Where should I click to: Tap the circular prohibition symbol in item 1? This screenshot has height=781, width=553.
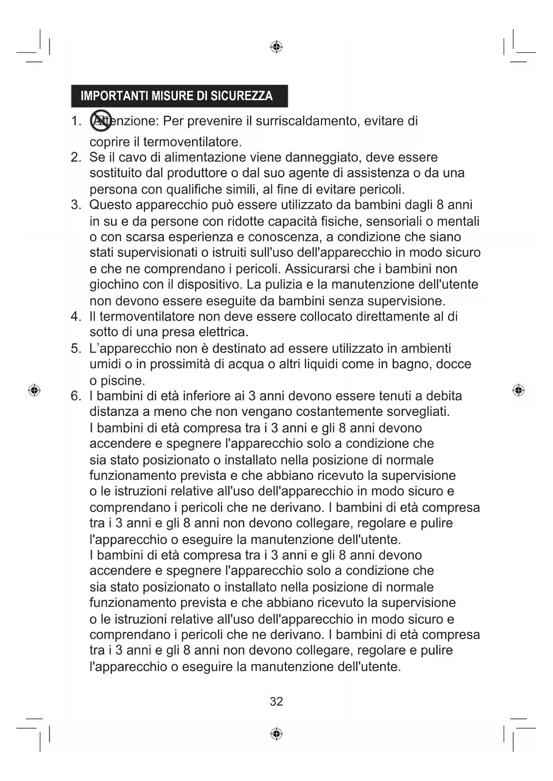click(x=101, y=120)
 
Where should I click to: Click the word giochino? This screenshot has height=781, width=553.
click(x=114, y=285)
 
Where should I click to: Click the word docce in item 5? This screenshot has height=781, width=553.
click(x=453, y=364)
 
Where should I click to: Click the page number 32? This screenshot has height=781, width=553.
click(x=276, y=702)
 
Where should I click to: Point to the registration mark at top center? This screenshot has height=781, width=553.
click(x=276, y=47)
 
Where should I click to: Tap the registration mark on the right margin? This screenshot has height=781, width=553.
click(x=518, y=390)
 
